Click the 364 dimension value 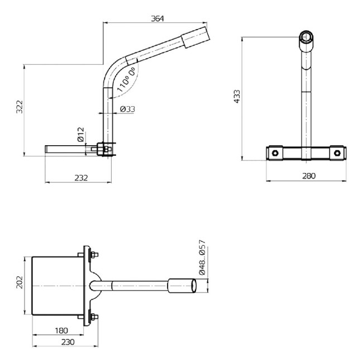(157, 18)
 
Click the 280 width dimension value (308, 176)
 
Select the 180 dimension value (61, 331)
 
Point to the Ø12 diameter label (80, 134)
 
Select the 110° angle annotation (127, 78)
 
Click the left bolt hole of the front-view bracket (274, 152)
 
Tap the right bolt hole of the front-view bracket (337, 152)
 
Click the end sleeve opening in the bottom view (194, 285)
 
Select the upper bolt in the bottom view (93, 256)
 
